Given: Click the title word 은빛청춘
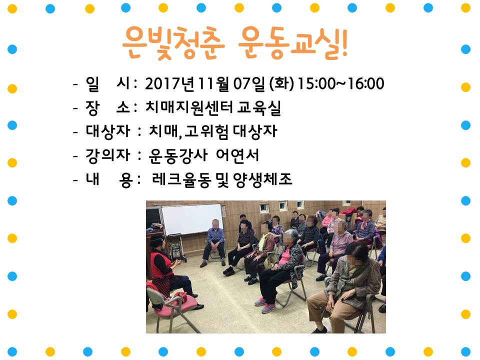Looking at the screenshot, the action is pos(173,42).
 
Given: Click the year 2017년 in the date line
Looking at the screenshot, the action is pos(169,83).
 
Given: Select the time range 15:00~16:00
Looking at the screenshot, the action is pos(340,83).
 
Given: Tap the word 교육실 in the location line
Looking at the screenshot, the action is pos(259,108).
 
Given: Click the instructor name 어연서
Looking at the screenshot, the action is pos(237,155).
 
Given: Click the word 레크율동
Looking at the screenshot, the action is pos(182,179).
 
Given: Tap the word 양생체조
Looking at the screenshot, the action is pos(262,179).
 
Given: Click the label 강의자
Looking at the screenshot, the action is pos(108,155).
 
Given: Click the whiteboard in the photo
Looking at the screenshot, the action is pos(192,219).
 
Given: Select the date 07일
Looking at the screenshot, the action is pos(249,83).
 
